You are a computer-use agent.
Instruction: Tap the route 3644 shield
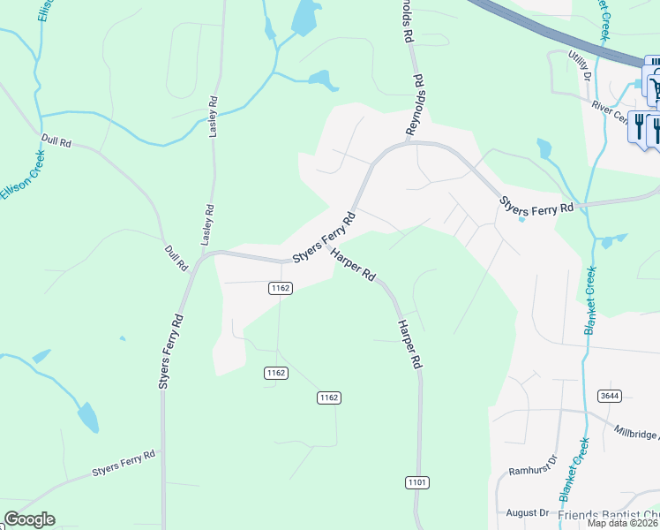[607, 395]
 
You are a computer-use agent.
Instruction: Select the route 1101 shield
[417, 481]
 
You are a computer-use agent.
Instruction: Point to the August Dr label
[528, 512]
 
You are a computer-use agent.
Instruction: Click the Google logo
[29, 519]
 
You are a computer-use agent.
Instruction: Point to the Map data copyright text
[623, 523]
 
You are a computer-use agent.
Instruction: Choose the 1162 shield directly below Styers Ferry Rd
[281, 288]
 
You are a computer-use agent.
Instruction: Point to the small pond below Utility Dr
[544, 147]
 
